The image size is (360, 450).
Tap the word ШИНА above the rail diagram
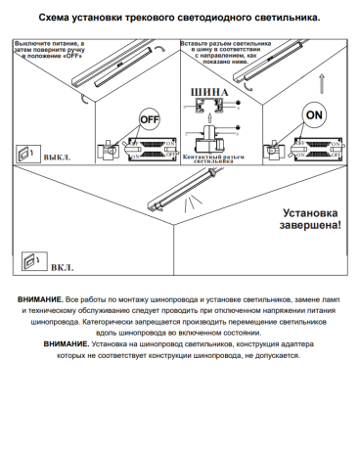coord(208,94)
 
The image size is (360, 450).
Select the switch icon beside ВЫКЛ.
coord(24,154)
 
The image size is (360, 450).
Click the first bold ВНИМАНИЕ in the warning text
coord(41,295)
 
